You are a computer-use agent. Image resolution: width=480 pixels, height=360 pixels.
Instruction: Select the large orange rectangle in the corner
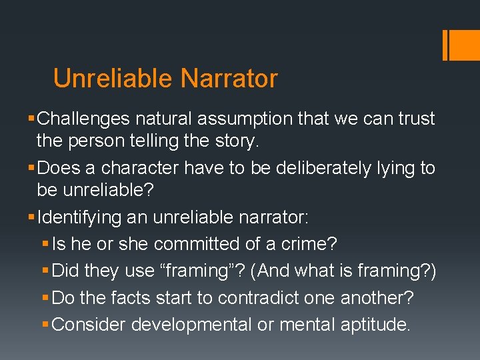(x=461, y=45)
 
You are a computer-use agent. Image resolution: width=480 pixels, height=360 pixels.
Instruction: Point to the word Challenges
(x=84, y=119)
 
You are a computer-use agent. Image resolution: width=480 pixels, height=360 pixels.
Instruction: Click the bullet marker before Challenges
(x=33, y=119)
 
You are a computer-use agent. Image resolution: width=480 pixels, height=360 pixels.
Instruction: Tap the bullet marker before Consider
(x=46, y=324)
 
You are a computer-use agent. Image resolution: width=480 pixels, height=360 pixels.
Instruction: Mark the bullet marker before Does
(x=33, y=168)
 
